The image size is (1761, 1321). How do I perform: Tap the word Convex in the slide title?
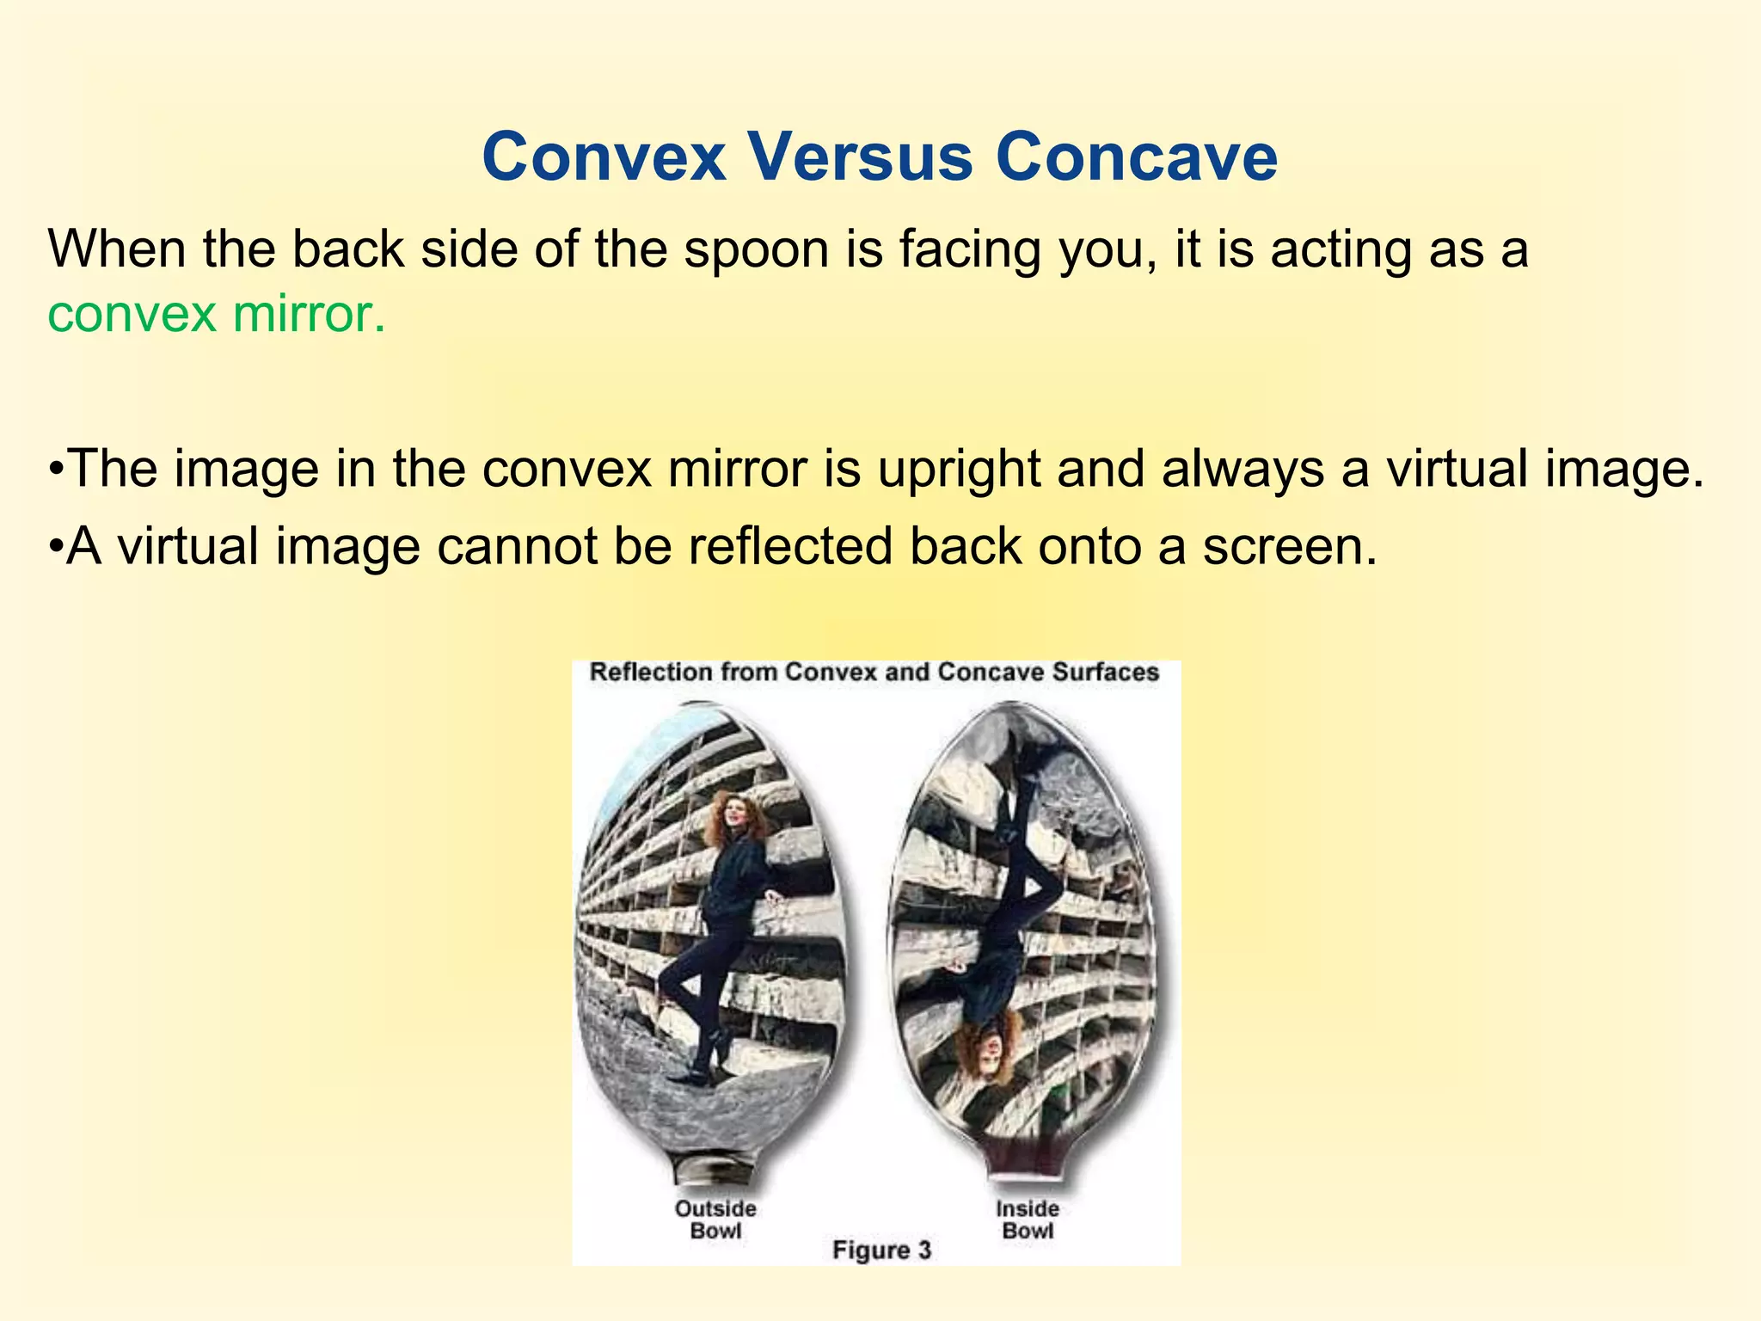[x=604, y=157]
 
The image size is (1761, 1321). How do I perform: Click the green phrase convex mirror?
[x=216, y=314]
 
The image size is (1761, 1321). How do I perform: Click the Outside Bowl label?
[x=715, y=1220]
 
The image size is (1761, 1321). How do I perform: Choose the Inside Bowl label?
[x=1028, y=1220]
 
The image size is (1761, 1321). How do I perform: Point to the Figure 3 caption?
[x=881, y=1250]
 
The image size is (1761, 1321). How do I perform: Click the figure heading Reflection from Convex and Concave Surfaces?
[x=874, y=672]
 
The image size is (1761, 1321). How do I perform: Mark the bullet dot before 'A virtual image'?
[x=56, y=548]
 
